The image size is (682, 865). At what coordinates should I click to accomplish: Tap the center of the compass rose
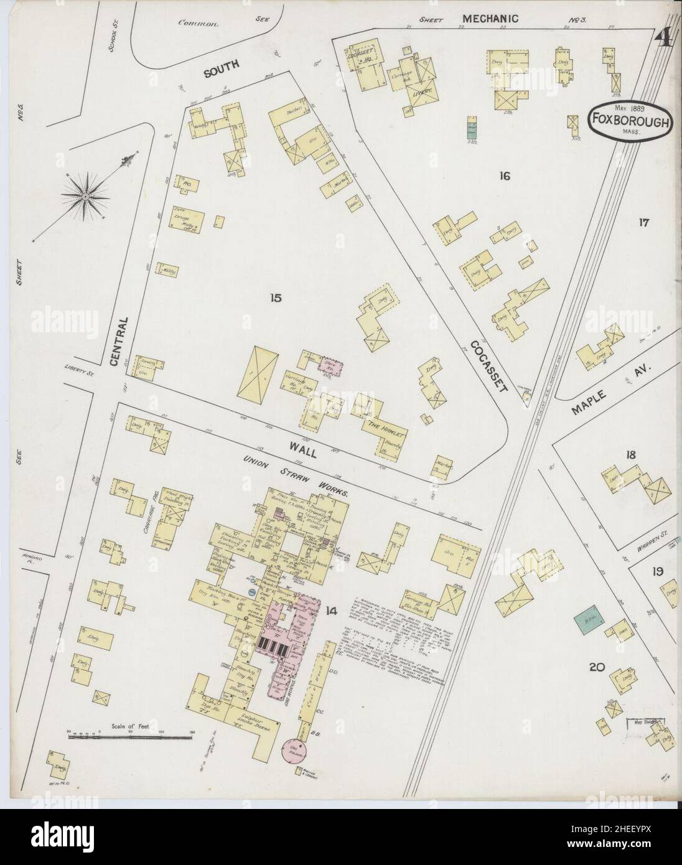84,197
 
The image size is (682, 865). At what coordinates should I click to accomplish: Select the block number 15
276,299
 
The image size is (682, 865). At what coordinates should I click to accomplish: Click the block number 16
503,176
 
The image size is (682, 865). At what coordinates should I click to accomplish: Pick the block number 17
643,222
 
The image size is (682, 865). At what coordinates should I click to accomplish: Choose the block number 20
597,668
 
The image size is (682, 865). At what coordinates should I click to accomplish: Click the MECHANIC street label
494,19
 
